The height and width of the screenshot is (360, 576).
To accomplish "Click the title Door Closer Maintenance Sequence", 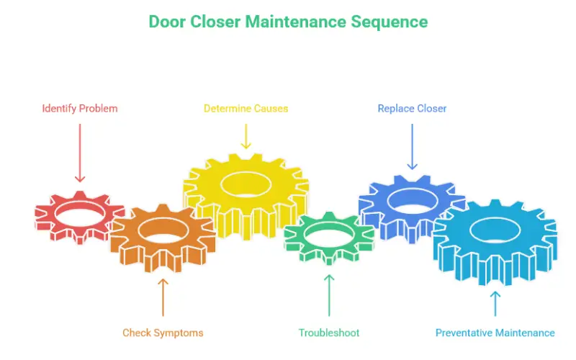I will (288, 22).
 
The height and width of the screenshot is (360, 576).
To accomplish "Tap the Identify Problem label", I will (80, 109).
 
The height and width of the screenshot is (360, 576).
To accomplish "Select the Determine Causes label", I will (246, 109).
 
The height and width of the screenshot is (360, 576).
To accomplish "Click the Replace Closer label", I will (412, 109).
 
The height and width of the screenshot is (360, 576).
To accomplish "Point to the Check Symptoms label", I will (163, 333).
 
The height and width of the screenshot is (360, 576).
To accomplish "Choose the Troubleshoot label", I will (329, 333).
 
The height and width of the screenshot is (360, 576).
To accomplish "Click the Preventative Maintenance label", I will (495, 333).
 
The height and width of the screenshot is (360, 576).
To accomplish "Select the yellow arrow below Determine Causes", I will (246, 136).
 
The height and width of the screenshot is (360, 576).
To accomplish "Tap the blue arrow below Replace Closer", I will (412, 147).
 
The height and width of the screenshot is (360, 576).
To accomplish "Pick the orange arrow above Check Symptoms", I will (163, 297).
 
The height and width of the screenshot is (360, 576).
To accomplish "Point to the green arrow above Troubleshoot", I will (329, 295).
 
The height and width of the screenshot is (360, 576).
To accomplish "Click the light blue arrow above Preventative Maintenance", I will (495, 303).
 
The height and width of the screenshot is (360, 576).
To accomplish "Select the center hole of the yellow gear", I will (246, 184).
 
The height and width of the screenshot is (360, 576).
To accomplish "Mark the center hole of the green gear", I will (329, 234).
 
